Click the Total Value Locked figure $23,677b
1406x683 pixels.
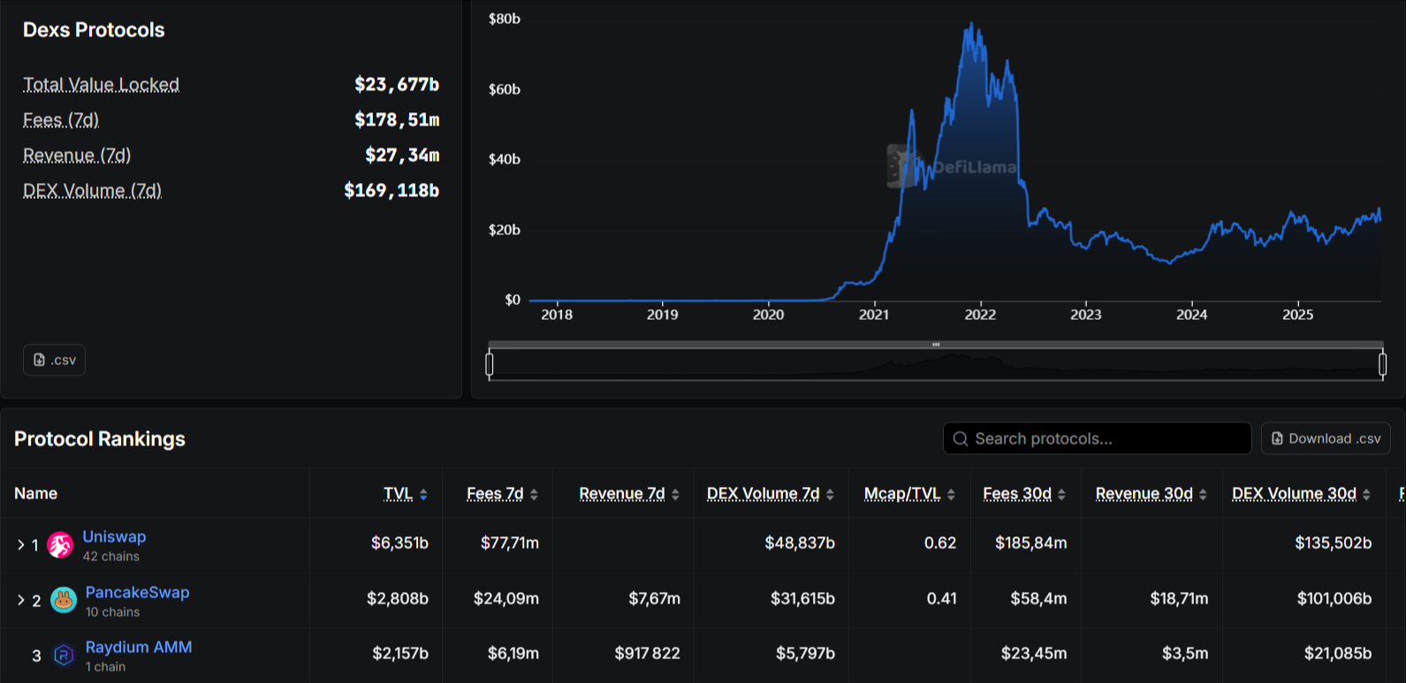(396, 85)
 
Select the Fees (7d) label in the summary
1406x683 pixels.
(61, 120)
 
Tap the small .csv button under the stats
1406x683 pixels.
(54, 360)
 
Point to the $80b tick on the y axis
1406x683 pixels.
(505, 19)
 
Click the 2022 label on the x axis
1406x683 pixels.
(980, 315)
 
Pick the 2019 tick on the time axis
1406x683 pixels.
(662, 315)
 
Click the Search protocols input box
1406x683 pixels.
(1097, 438)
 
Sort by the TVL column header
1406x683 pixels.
(399, 494)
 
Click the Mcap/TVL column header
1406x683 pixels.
(902, 494)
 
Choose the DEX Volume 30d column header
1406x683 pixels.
(1294, 494)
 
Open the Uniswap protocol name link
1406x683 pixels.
(114, 536)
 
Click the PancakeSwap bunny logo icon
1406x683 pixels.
(64, 600)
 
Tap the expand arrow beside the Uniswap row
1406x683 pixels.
(20, 545)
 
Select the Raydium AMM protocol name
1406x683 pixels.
(139, 647)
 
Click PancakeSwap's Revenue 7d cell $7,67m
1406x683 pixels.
(654, 598)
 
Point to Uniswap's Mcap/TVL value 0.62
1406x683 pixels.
(939, 543)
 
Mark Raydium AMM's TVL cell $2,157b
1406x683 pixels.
(399, 653)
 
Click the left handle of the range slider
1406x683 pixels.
(490, 363)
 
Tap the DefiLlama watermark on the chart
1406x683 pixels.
(953, 166)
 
